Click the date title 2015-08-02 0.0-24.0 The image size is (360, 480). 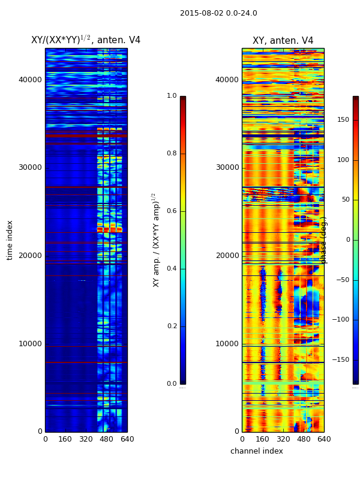point(218,13)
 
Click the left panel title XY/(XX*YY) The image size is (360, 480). point(86,40)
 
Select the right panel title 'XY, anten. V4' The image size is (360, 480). point(283,41)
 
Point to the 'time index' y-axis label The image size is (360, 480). point(10,239)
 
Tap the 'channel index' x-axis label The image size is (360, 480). point(256,451)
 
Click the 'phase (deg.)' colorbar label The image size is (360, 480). point(324,240)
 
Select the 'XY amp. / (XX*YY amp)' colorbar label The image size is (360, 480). point(156,239)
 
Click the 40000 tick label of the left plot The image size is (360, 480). point(30,79)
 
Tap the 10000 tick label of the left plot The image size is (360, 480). point(30,343)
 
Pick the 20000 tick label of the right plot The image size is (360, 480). point(227,256)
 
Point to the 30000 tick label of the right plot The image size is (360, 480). point(227,167)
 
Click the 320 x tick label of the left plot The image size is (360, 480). point(86,439)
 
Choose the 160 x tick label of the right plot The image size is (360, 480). point(262,439)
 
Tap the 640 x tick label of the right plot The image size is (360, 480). point(324,439)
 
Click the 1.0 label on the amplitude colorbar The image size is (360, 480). point(172,96)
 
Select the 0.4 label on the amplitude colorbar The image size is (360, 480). point(172,269)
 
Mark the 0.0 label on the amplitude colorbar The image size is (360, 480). point(172,384)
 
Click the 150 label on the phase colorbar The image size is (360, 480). point(343,120)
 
